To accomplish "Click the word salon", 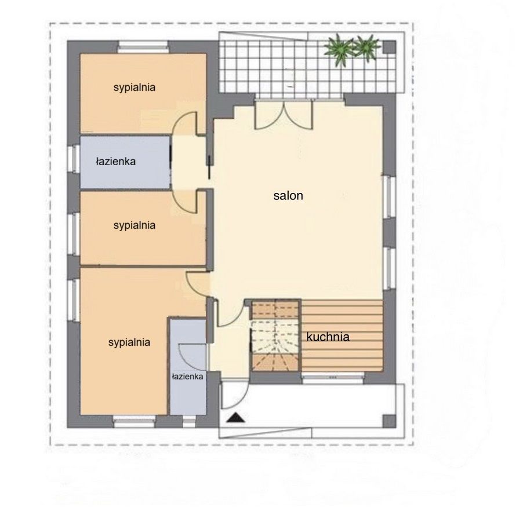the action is point(288,196).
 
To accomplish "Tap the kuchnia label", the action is point(328,337).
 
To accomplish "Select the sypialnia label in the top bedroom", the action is point(135,87).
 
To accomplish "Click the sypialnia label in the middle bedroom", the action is point(135,225).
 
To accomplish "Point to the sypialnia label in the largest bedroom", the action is point(129,342).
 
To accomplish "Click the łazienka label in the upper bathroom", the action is point(116,162).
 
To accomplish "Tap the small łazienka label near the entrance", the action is point(187,377).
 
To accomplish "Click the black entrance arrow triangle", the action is point(235,418).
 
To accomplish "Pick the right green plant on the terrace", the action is point(367,48).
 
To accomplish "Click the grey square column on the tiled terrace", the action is point(389,48).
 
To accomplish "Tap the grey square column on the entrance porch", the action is point(389,421).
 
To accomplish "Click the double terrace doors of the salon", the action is point(284,115).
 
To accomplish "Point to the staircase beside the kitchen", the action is point(275,335).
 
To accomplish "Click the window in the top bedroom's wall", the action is point(143,47).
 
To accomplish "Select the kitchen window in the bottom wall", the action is point(333,377).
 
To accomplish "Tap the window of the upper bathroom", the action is point(74,159).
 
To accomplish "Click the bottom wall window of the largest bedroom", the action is point(135,422).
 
